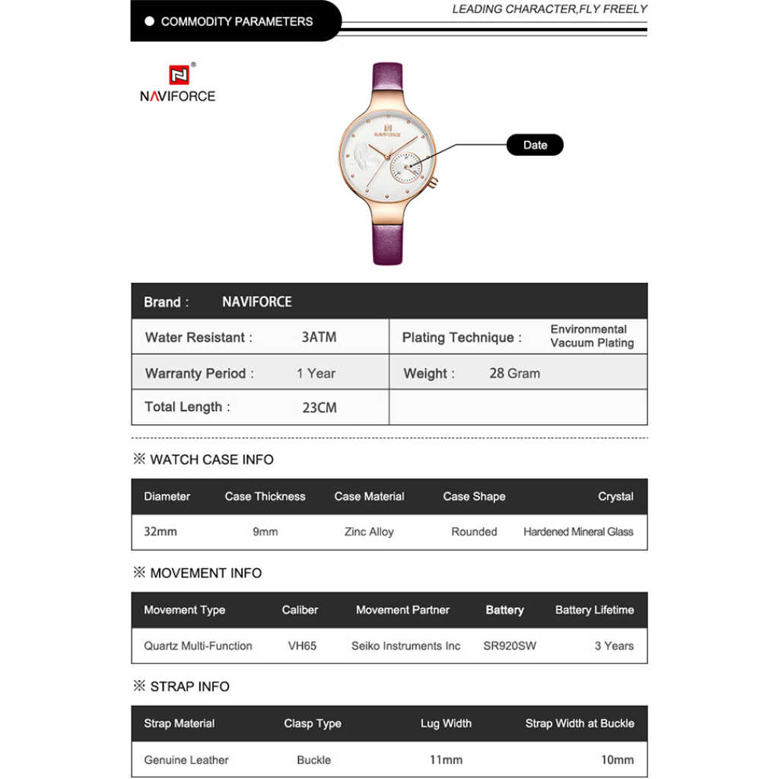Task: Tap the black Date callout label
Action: tap(535, 145)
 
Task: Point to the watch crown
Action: tap(433, 183)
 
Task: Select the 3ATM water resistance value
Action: tap(319, 337)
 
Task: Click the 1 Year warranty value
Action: tap(316, 374)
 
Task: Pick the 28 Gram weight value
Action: tap(514, 374)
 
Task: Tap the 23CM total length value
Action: tap(320, 408)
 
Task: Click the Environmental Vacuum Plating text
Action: tap(592, 336)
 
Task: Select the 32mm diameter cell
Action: tap(161, 532)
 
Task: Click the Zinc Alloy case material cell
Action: tap(369, 532)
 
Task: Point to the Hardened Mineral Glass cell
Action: tap(578, 532)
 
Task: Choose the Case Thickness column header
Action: tap(265, 496)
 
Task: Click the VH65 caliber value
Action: tap(302, 646)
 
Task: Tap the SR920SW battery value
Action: tap(510, 646)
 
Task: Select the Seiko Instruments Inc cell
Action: tap(405, 646)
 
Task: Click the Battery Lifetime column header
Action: tap(594, 610)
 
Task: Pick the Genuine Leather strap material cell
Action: tap(186, 759)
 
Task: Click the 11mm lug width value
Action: tap(446, 759)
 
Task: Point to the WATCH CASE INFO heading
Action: tap(211, 459)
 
